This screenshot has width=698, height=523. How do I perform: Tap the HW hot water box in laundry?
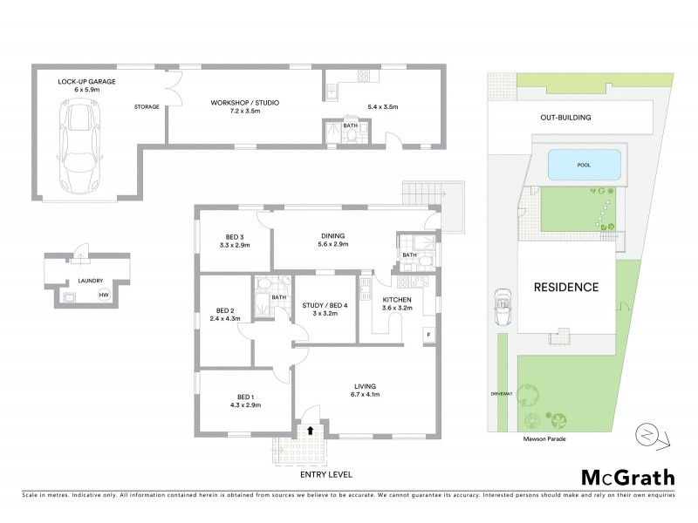104,295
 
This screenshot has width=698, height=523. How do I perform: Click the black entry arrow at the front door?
310,430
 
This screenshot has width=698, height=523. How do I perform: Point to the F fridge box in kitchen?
428,334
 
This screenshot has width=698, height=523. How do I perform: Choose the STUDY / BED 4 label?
325,304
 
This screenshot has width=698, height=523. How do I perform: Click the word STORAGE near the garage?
147,106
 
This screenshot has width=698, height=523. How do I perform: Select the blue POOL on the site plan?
584,163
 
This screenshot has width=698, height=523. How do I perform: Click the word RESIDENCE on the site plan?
566,287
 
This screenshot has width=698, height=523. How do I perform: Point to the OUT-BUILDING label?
566,117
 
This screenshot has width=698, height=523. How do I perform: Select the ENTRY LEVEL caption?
325,475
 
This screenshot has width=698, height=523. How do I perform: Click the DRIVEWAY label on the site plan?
500,393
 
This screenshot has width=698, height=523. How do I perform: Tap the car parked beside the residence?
502,305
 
